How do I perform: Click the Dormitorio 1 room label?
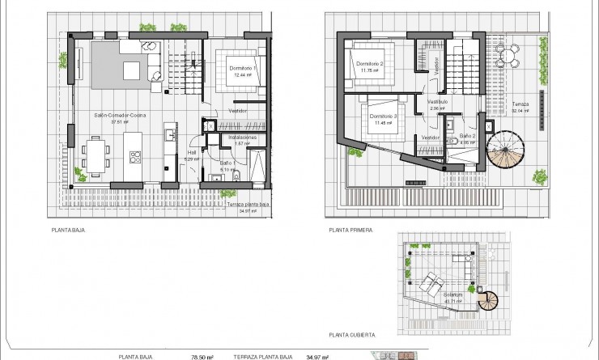(242, 68)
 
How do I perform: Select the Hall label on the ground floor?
(192, 151)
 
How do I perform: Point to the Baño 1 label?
(227, 163)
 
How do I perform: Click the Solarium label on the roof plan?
(453, 294)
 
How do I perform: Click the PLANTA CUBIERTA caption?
(350, 333)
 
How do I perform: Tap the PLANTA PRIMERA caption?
(350, 230)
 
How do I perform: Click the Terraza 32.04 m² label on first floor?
(522, 107)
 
